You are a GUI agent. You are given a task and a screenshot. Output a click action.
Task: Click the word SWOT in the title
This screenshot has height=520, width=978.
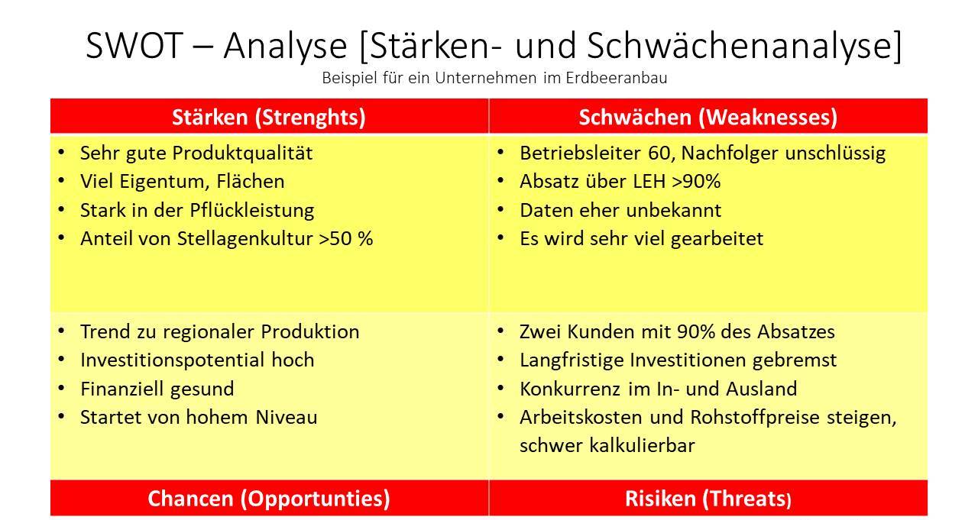tap(134, 45)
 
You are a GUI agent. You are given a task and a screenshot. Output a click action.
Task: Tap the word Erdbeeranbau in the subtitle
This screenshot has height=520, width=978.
tap(617, 78)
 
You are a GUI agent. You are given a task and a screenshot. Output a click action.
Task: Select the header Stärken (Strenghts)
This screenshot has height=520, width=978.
tap(268, 118)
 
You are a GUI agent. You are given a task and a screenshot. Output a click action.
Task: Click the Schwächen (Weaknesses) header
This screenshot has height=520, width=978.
tap(708, 118)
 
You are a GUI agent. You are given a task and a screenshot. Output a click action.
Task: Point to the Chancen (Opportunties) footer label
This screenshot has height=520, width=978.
tap(268, 499)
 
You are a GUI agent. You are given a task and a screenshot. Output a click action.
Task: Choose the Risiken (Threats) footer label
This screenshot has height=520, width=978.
tap(708, 499)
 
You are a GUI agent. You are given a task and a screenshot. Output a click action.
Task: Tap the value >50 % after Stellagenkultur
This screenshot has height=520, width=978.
tap(346, 239)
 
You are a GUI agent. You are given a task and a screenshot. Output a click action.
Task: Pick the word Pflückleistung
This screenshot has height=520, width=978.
tap(252, 211)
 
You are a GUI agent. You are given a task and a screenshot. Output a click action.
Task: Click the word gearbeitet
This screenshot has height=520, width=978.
tap(717, 239)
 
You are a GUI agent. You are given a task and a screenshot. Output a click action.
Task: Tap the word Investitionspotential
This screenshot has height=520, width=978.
tap(173, 360)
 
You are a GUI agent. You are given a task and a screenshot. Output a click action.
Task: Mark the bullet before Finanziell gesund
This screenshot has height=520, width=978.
tap(61, 388)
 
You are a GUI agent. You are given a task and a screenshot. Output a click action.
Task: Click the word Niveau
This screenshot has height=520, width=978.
tap(286, 418)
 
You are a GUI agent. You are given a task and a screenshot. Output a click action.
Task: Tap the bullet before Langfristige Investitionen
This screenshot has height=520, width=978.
tap(500, 360)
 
